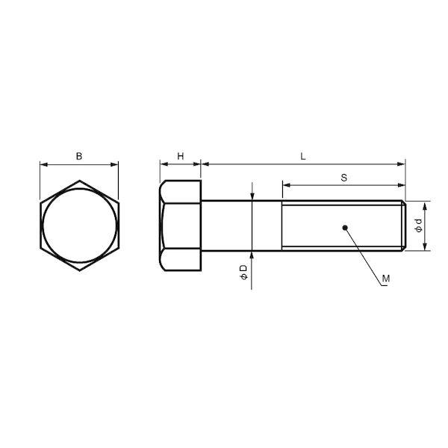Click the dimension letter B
click(79, 156)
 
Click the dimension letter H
click(181, 156)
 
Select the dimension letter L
click(303, 156)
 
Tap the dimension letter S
click(344, 178)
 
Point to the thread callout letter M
click(386, 278)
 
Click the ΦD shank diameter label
click(243, 272)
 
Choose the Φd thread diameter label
click(418, 225)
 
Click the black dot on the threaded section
click(345, 228)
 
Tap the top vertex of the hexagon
click(80, 181)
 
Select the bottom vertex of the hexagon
click(80, 270)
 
